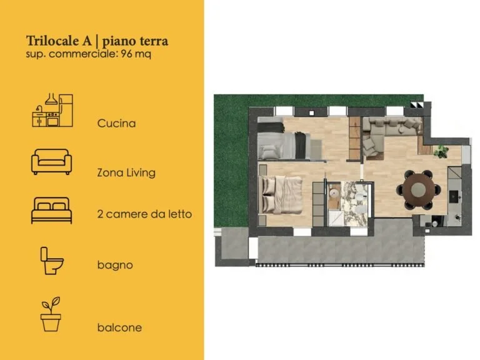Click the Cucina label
pos(116,123)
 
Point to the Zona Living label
pos(126,172)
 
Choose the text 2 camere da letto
pos(144,214)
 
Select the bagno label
pos(115,265)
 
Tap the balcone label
pos(119,327)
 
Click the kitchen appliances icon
pos(52,111)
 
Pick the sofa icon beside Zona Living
pos(51,161)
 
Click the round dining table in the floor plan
pos(417,188)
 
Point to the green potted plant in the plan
pos(442,151)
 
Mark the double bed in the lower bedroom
pos(281,194)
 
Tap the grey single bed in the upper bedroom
pos(281,145)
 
